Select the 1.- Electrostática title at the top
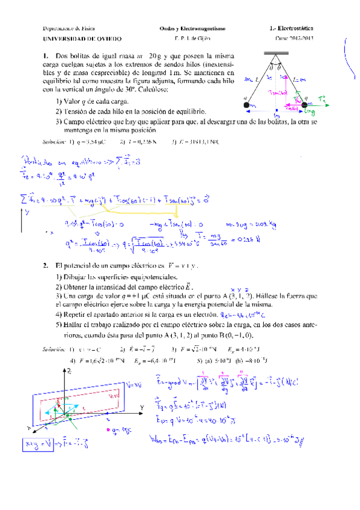pyautogui.click(x=293, y=28)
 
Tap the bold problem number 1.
pyautogui.click(x=46, y=57)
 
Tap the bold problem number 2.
pyautogui.click(x=46, y=265)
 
